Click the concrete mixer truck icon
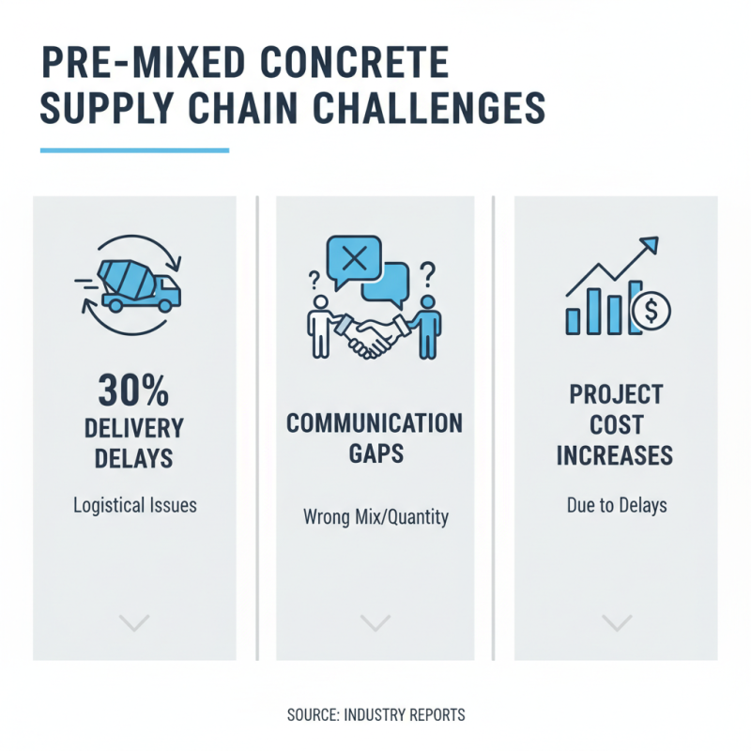[x=136, y=284]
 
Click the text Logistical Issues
[x=135, y=505]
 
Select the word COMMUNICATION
[x=375, y=423]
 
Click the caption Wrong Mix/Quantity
[x=375, y=516]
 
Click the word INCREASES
[x=616, y=456]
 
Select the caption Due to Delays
[x=616, y=505]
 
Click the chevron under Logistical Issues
[x=135, y=621]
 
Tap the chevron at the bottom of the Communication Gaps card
[x=375, y=621]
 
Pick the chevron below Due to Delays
[x=616, y=621]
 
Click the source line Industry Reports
[x=375, y=715]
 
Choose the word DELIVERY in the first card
[x=135, y=427]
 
